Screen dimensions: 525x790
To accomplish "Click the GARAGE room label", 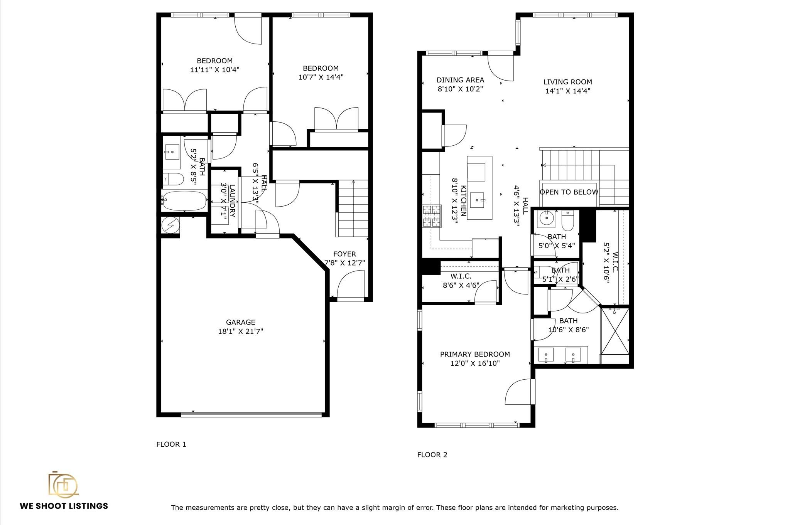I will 240,322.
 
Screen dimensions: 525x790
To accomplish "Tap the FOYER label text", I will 344,254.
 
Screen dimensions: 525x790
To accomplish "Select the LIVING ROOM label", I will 567,82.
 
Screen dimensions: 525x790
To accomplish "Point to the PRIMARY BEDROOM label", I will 474,354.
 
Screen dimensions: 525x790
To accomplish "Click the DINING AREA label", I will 460,80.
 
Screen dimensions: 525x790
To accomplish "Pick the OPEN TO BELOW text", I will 569,192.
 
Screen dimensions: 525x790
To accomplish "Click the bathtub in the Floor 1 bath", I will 184,200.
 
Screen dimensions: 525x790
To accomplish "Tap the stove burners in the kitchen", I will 432,216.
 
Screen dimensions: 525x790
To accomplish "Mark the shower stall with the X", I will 615,330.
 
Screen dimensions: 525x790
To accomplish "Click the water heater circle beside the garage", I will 170,225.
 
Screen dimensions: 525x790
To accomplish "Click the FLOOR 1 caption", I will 171,444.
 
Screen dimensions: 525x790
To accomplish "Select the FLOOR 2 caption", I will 432,455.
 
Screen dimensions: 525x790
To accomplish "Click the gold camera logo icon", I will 63,484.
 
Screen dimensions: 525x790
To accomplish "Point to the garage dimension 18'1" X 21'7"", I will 240,331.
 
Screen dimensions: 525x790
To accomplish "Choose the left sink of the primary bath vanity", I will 546,354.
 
